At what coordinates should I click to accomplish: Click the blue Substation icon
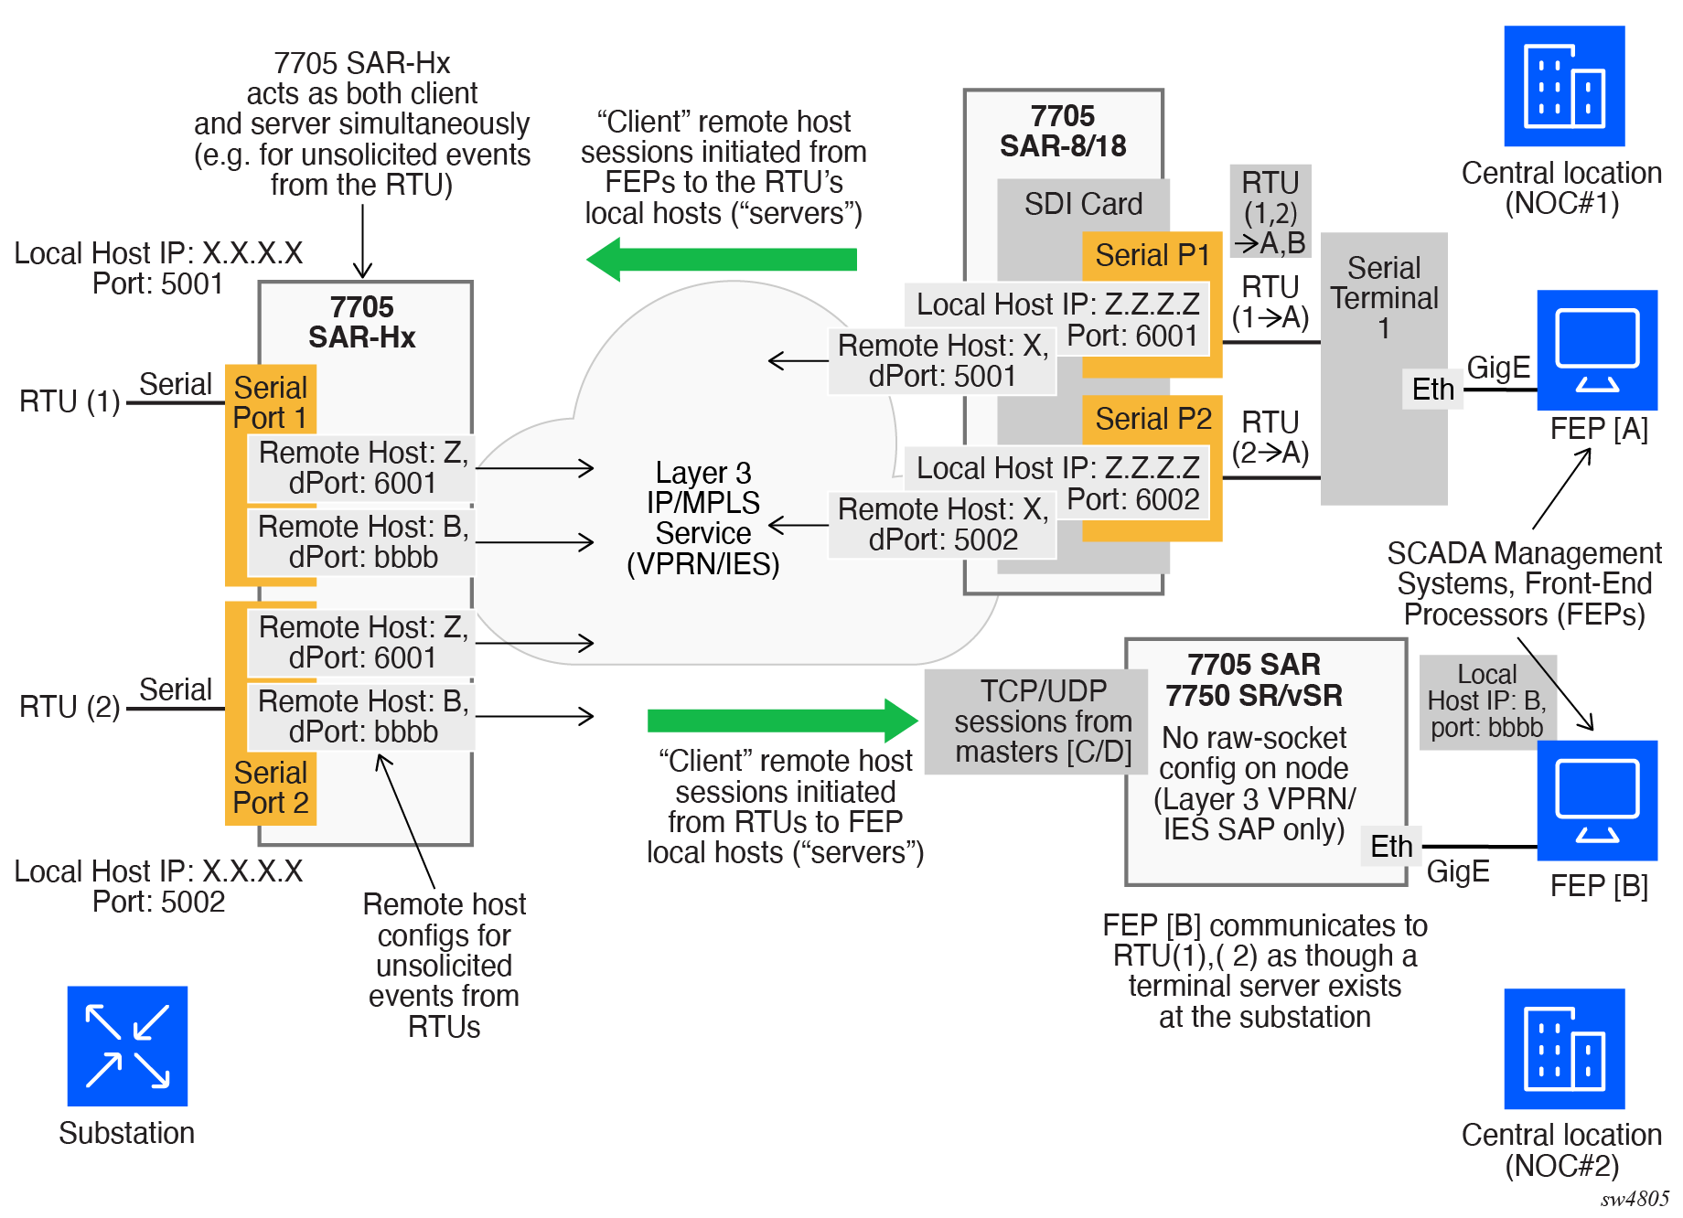127,1046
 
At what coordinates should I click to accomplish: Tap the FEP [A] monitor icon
1597,350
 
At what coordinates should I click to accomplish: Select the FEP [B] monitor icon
1597,800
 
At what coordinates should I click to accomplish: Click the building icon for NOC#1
1564,86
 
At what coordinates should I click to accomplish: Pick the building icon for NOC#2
1564,1049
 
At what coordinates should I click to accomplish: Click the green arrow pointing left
722,260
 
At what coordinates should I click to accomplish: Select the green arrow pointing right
783,721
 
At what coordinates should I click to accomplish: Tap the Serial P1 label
1152,255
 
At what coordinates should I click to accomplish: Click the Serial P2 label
1152,419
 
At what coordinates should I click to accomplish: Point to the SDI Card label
1083,204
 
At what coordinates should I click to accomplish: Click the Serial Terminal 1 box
1384,369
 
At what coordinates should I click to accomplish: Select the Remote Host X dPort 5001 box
942,361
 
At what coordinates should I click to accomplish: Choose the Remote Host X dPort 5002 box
942,525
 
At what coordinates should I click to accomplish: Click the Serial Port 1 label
270,402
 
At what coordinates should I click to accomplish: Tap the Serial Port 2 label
270,787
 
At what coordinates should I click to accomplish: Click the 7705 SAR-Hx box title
362,322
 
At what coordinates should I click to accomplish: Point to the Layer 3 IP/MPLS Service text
703,518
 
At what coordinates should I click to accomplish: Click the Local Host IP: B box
1487,701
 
